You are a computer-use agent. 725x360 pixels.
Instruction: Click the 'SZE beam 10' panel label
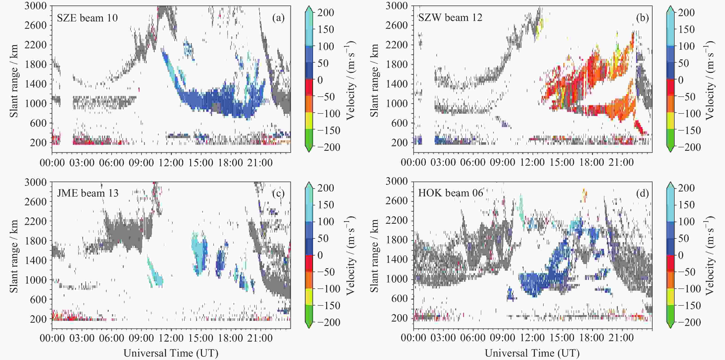coord(87,18)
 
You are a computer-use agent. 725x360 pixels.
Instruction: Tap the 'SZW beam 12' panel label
coord(450,18)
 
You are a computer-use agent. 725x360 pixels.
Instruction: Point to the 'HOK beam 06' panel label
coord(451,193)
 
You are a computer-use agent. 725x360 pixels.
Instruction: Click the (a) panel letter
coord(278,18)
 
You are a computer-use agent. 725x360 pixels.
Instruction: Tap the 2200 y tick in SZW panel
coord(396,45)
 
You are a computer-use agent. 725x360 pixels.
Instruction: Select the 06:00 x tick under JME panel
coord(111,338)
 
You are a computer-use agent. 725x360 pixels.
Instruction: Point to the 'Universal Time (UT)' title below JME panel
coord(171,353)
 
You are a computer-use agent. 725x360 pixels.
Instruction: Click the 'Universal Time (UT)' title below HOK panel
coord(532,353)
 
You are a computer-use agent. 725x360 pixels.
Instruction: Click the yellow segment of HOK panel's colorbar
coord(670,297)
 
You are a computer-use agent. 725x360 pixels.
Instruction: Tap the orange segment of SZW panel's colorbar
coord(670,104)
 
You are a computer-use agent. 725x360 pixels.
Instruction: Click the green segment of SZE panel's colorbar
coord(309,138)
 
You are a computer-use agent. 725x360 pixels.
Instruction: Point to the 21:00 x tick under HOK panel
coord(621,338)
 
